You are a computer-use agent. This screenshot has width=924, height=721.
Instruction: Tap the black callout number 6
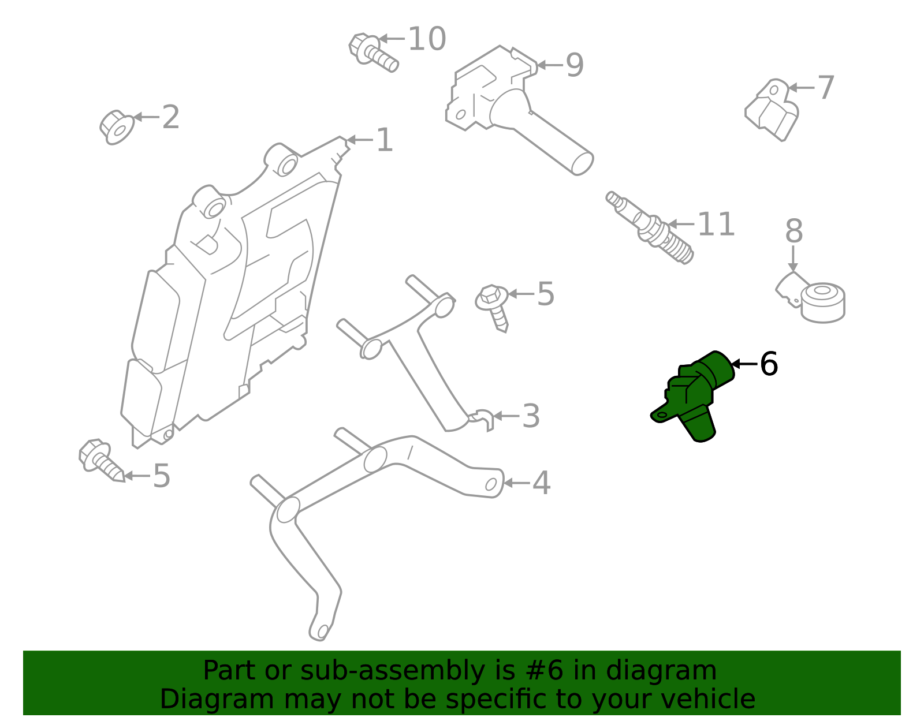click(x=769, y=364)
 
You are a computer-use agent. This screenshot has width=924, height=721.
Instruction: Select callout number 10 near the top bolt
click(x=427, y=39)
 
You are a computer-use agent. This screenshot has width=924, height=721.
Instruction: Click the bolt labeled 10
click(x=373, y=52)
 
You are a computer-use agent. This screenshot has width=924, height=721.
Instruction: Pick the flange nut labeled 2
click(x=117, y=126)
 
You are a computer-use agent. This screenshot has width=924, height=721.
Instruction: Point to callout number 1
click(x=384, y=140)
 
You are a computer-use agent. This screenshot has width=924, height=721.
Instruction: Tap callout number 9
click(x=575, y=65)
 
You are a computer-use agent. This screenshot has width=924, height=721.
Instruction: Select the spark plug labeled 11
click(x=650, y=227)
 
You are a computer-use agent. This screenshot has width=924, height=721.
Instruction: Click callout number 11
click(x=716, y=225)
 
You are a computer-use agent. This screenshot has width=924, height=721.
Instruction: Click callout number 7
click(x=826, y=88)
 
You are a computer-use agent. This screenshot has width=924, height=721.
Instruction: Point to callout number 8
click(x=794, y=231)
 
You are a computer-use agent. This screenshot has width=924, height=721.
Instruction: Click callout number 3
click(x=531, y=416)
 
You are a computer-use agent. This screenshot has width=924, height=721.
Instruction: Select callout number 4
click(x=541, y=483)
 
